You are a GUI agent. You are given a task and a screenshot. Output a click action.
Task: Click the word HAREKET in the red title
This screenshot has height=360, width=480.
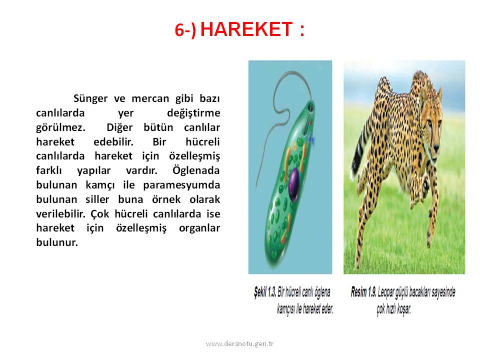pos(246,29)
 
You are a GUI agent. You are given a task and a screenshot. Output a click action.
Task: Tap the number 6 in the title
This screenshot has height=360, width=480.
pos(179,30)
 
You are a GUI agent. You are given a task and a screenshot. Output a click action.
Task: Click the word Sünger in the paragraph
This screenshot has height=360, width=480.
pos(90,99)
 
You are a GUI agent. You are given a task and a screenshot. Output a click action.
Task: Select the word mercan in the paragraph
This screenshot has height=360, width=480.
pos(150,98)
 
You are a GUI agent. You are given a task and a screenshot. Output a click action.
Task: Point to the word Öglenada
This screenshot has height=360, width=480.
pos(196,170)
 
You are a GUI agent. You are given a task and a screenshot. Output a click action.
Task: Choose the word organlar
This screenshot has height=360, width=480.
pos(199,228)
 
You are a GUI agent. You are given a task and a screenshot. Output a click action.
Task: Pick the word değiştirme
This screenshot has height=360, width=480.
pos(193,113)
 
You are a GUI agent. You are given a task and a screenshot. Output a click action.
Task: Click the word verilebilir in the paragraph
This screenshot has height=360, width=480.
pos(60,213)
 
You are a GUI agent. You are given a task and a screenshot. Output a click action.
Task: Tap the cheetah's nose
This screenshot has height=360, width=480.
pos(436,149)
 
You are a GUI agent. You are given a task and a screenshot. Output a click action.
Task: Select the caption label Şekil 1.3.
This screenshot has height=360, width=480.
pos(265,292)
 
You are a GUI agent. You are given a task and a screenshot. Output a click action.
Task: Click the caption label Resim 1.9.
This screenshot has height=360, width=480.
pos(363,292)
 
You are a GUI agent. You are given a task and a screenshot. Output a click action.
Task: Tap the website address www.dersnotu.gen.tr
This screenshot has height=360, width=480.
pos(239,344)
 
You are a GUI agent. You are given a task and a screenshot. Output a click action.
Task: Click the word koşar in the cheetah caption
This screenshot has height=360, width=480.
pos(404,309)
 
